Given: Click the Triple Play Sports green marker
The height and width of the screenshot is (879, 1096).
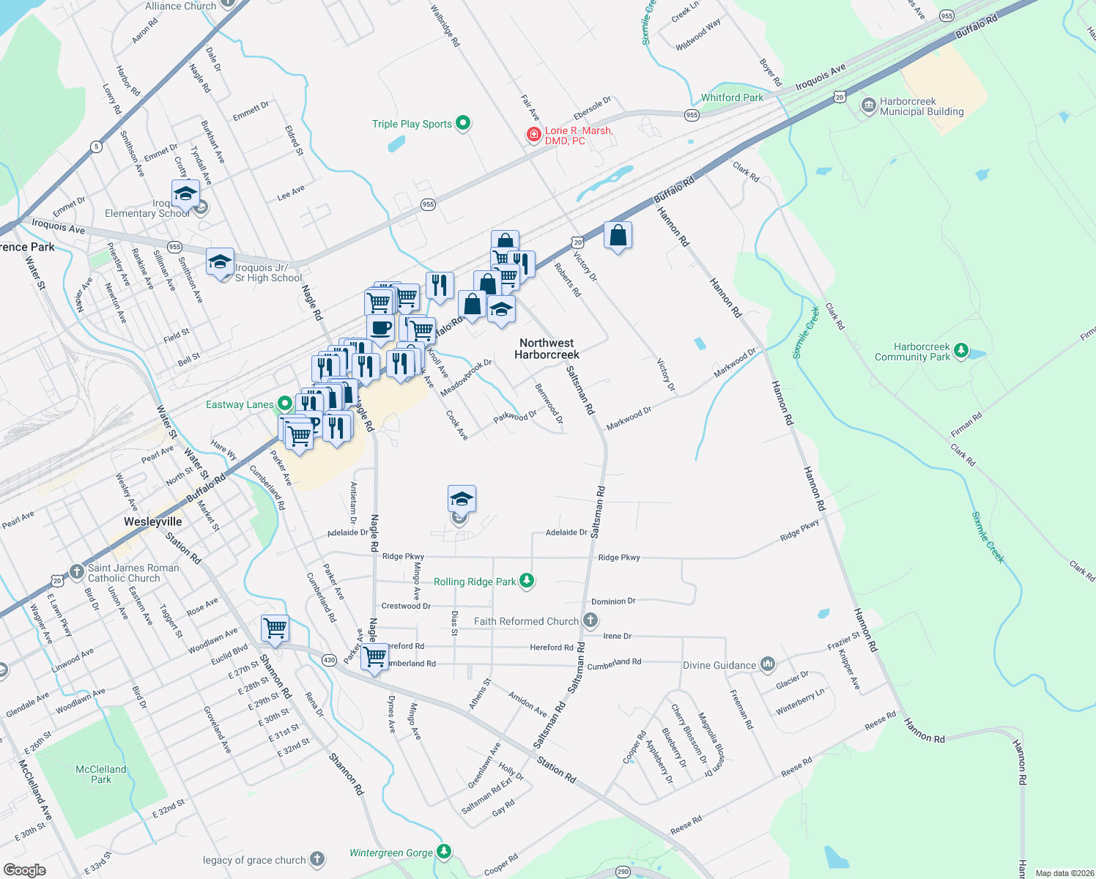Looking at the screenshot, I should (x=463, y=123).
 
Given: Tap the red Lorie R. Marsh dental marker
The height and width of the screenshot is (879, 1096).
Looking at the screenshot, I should (x=534, y=135).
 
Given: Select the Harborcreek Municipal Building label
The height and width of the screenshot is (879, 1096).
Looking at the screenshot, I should (x=921, y=107).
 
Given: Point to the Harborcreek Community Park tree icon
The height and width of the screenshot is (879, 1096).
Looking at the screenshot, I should (x=961, y=351).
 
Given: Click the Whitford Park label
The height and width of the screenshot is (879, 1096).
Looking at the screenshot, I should (x=732, y=97).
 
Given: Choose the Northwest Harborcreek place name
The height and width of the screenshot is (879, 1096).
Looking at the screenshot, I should (x=547, y=349).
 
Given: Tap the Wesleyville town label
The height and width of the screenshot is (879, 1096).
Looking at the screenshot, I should (x=152, y=522).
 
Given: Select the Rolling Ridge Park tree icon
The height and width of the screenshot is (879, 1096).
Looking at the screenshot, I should (x=527, y=581).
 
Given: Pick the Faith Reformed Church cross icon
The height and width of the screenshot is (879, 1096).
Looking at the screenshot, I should (x=590, y=621).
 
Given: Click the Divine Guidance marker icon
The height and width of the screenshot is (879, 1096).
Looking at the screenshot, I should (x=767, y=664).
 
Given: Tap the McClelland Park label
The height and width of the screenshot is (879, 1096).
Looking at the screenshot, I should (x=101, y=774).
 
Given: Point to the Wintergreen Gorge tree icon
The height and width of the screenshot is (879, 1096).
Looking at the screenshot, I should (x=443, y=852).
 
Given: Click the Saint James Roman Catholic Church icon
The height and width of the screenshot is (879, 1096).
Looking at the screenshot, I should (x=77, y=571).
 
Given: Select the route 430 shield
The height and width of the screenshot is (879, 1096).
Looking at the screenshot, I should (x=329, y=660).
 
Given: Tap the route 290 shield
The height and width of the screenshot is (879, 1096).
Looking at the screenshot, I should (x=623, y=872).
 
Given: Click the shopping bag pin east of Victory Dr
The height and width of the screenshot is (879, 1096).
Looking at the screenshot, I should (x=618, y=236).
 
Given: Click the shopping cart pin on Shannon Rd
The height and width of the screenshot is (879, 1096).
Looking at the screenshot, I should (x=275, y=628).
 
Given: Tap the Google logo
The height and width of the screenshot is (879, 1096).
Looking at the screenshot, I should (x=25, y=869).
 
